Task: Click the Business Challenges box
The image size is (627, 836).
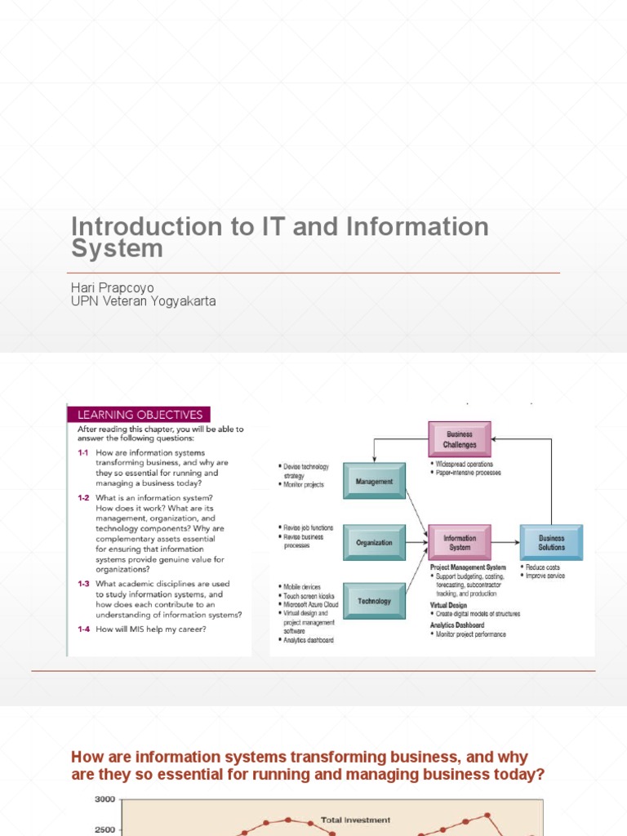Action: (460, 439)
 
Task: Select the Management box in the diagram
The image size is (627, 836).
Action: (374, 482)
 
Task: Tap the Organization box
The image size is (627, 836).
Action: (374, 542)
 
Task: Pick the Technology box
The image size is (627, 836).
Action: (374, 601)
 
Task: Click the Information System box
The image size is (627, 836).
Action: (460, 543)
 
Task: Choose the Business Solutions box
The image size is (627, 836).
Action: (551, 543)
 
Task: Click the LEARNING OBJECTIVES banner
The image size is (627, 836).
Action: (139, 415)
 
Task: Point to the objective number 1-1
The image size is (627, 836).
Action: (83, 453)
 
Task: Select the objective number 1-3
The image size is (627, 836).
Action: (83, 584)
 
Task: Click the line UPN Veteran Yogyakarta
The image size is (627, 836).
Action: (144, 301)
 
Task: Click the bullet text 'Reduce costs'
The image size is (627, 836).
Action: (543, 567)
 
